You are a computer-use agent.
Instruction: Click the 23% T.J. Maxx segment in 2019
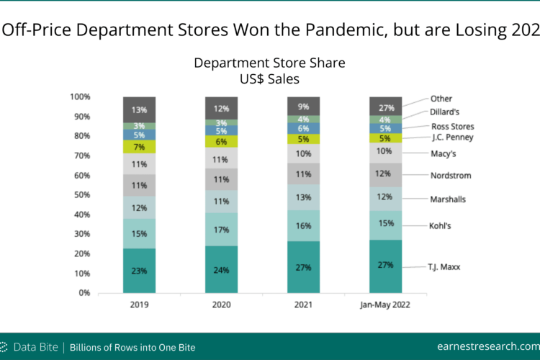(139, 271)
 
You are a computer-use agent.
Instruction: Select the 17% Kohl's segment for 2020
(221, 230)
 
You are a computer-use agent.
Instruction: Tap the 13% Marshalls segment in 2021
(303, 197)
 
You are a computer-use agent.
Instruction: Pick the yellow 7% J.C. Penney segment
(139, 147)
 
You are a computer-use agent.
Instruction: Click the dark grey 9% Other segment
(303, 106)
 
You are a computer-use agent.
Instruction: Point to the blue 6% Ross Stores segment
(303, 128)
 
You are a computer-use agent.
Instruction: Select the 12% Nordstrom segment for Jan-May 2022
(385, 175)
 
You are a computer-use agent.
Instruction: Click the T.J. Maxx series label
(444, 267)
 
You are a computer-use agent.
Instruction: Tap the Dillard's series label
(445, 112)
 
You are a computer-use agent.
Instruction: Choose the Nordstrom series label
(451, 176)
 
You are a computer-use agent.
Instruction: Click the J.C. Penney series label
(453, 137)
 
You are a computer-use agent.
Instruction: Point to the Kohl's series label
(440, 225)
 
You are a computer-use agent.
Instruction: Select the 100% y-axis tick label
(80, 96)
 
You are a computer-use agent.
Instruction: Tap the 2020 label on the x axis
(221, 305)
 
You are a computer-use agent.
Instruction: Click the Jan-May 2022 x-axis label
(385, 305)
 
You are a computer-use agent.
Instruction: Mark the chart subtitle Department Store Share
(269, 63)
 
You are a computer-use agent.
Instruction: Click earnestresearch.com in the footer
(488, 346)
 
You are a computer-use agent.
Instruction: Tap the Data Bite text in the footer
(35, 347)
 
